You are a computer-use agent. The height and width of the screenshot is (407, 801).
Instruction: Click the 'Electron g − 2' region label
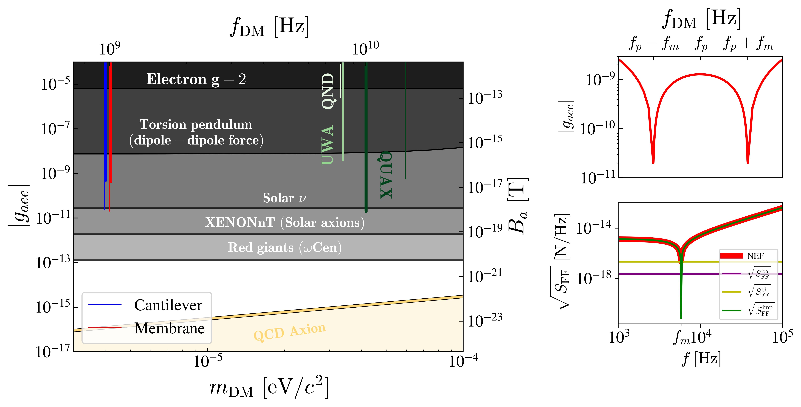pos(196,79)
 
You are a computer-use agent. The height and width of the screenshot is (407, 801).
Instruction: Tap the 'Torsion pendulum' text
pos(196,125)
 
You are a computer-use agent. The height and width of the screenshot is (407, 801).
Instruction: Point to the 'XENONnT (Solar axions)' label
pos(284,223)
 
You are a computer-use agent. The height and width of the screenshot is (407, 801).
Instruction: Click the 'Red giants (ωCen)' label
pos(284,248)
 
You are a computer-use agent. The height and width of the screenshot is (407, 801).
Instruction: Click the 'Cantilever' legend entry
pos(168,305)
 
